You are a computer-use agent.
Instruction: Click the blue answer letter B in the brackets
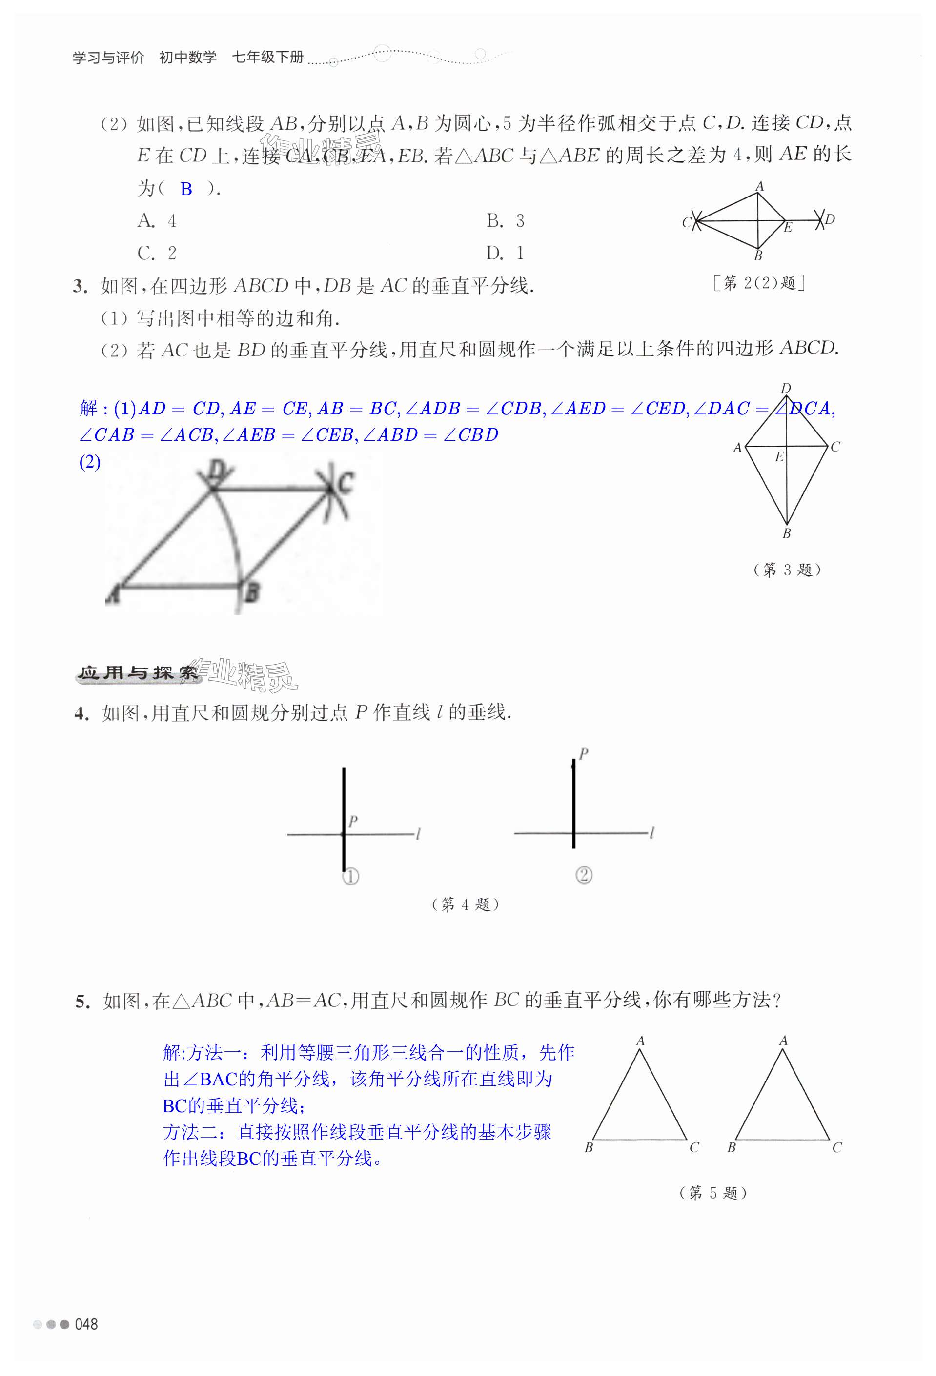186,189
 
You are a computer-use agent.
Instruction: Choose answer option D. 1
505,254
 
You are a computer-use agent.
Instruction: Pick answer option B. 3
505,221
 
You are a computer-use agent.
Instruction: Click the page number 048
86,1324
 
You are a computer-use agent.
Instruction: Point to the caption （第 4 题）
466,904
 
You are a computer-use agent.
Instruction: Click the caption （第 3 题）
787,570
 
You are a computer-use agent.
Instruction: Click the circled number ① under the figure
351,876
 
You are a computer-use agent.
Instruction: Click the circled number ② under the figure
584,875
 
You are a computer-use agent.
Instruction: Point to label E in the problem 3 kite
779,456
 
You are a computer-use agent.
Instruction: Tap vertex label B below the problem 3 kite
787,533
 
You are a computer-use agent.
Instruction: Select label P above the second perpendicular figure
584,754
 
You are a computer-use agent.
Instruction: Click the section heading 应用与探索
138,673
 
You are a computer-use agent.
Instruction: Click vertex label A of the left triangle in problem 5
640,1041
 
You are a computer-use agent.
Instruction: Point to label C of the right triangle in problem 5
836,1147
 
